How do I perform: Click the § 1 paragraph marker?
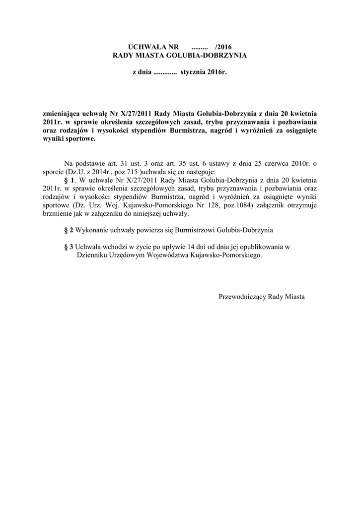click(x=70, y=180)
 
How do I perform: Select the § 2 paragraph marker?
click(x=69, y=230)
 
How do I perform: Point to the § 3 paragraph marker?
click(x=69, y=247)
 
